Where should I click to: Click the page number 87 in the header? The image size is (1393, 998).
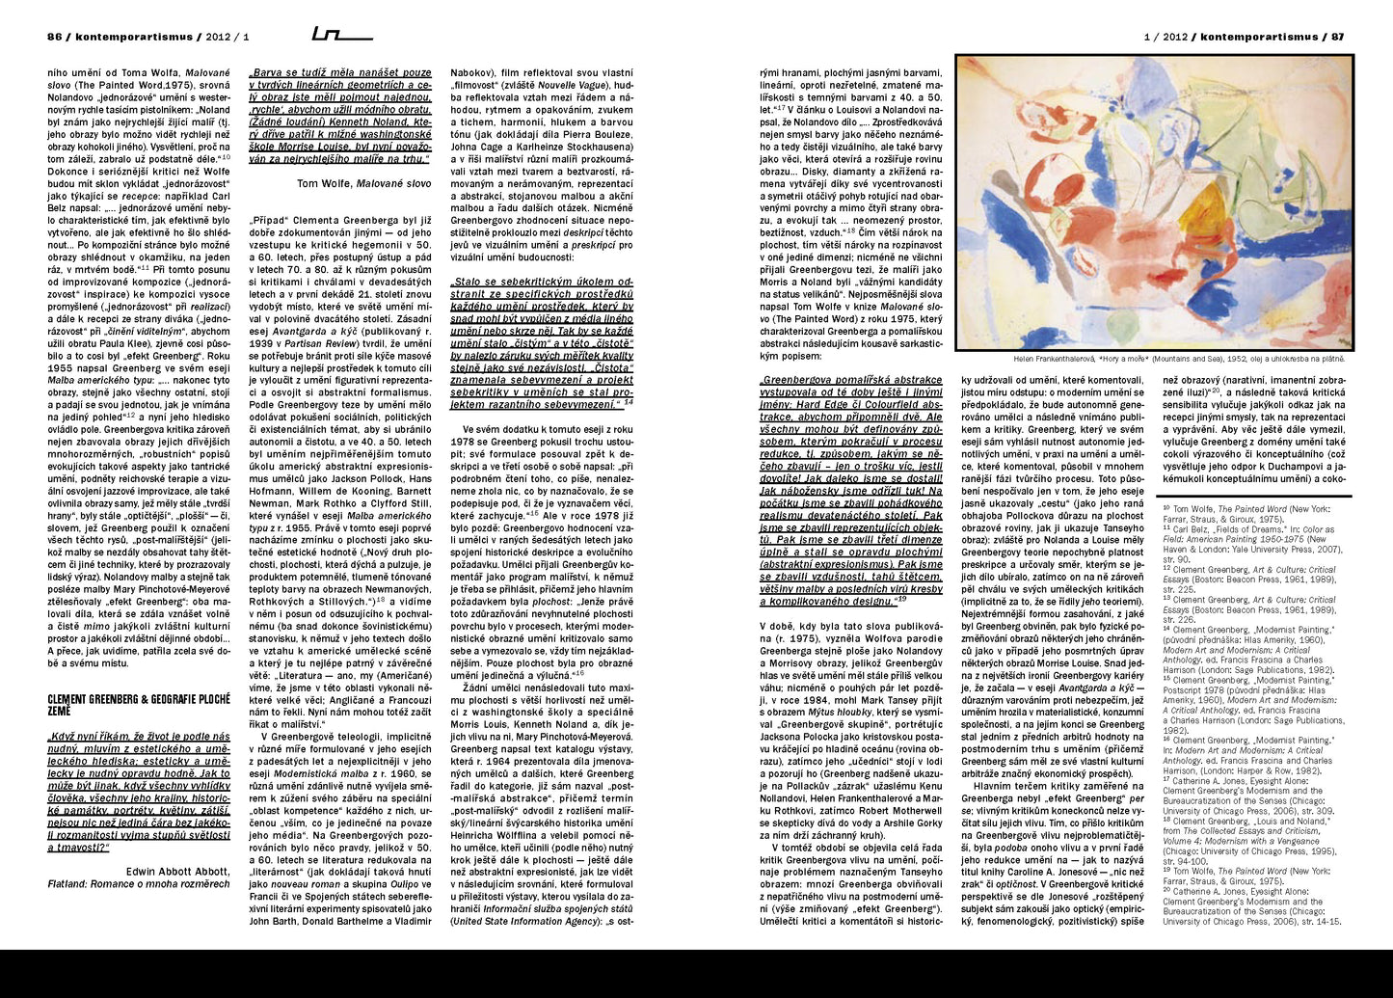coord(1338,37)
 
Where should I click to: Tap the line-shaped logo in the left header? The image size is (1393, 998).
coord(342,36)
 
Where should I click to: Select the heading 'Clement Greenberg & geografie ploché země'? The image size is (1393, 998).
coord(139,703)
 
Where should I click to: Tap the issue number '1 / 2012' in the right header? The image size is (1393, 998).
coord(1165,37)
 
